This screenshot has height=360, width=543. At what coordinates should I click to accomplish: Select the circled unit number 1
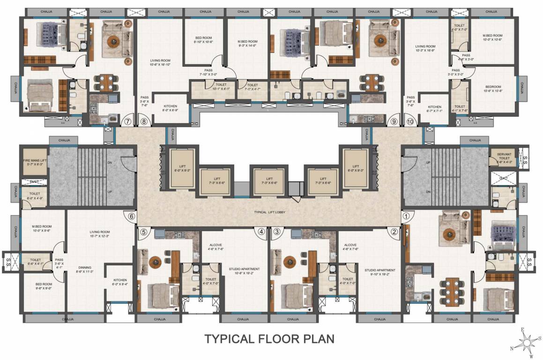406,217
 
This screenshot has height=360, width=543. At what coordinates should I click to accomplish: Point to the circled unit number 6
132,217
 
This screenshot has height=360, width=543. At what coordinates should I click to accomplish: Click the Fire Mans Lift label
34,163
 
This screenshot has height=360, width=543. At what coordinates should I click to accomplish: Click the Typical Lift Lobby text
269,212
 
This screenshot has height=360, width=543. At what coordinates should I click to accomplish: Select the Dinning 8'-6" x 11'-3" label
86,270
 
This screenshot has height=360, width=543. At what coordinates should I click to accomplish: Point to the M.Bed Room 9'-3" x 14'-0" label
248,44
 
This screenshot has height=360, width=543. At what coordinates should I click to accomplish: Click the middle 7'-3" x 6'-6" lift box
269,180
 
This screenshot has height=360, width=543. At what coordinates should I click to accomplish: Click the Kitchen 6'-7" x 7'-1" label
434,109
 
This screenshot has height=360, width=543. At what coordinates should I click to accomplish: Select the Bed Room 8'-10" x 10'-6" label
204,40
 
